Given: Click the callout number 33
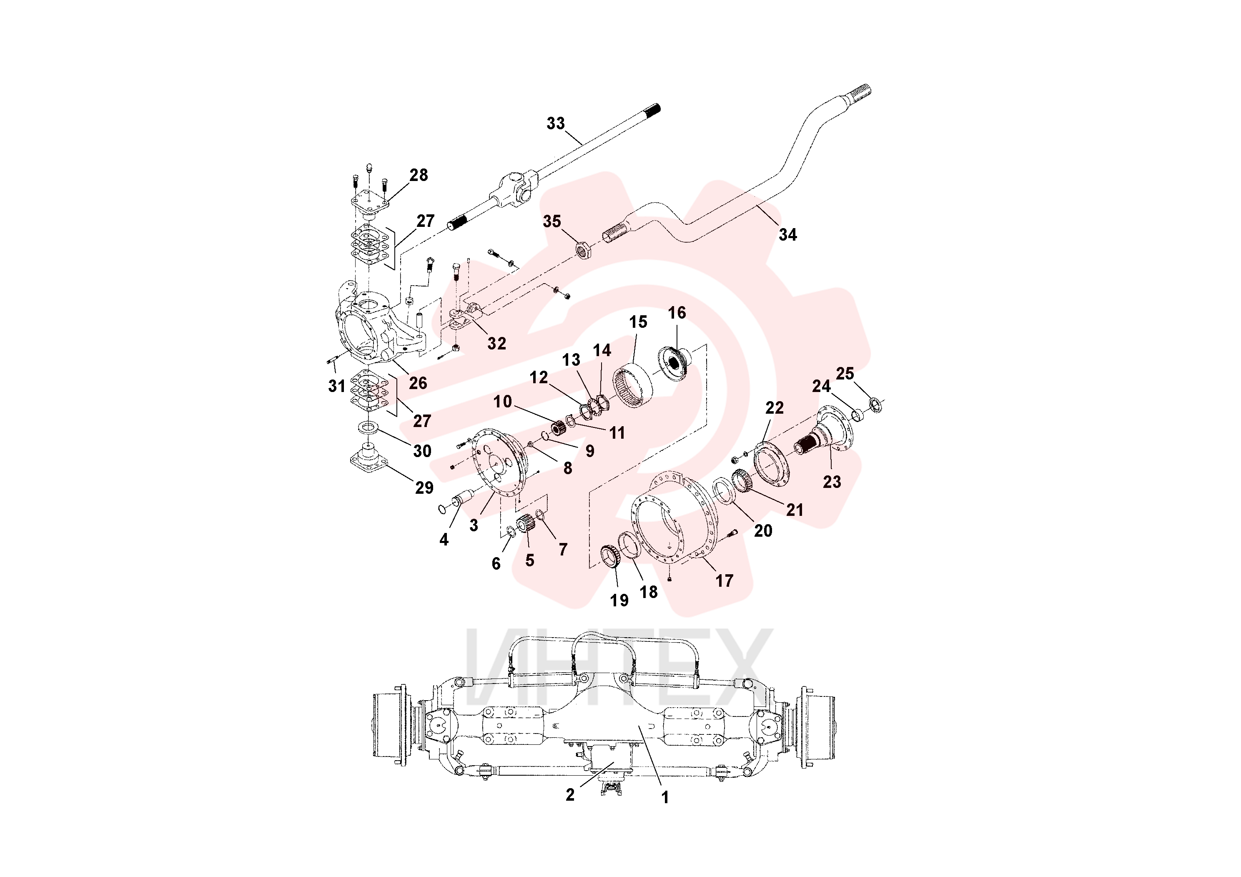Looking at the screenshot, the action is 556,123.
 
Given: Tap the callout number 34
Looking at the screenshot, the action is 787,235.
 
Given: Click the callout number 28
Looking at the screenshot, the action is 419,175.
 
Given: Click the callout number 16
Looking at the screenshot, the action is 677,312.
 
